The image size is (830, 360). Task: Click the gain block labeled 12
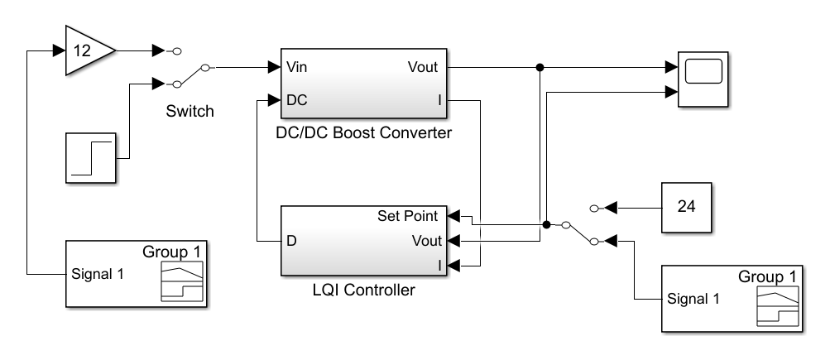coord(86,51)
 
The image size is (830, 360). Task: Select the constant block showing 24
coord(686,206)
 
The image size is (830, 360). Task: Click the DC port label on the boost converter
coord(297,99)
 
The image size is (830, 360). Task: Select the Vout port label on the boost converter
coord(422,67)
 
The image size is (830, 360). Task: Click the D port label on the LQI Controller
coord(291,241)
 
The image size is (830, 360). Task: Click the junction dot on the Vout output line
coord(540,67)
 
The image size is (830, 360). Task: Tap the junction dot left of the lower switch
coord(547,223)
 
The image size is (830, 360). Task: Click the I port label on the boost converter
coord(440,99)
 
